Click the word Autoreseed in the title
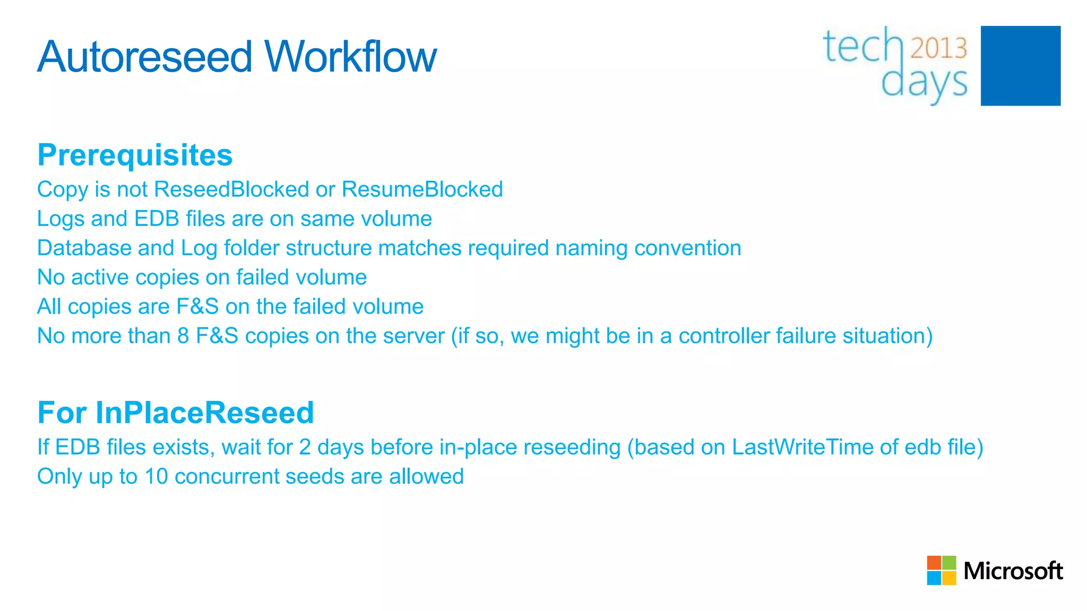click(144, 57)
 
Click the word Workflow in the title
click(350, 57)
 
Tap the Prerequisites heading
click(135, 155)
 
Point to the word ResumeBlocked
click(422, 189)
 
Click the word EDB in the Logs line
click(157, 219)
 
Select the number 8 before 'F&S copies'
click(183, 336)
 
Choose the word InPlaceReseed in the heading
click(204, 413)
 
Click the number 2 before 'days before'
click(305, 447)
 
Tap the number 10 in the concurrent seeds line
click(156, 476)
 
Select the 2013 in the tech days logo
click(938, 48)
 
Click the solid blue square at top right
click(1020, 66)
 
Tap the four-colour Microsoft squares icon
click(941, 570)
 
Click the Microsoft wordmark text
click(1013, 571)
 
